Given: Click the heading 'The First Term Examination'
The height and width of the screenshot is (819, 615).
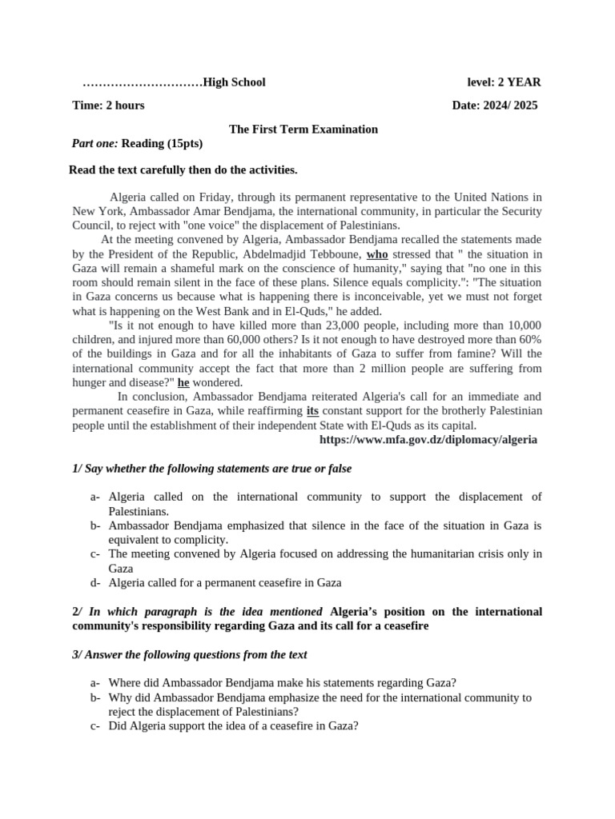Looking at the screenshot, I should click(303, 129).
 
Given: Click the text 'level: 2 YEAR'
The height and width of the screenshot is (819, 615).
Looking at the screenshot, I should click(504, 82).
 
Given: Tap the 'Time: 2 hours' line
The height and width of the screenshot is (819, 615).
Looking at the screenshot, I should click(108, 106).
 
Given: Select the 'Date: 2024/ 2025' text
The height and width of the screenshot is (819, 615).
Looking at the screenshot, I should click(495, 106).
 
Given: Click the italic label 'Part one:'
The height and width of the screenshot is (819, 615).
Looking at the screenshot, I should click(95, 143).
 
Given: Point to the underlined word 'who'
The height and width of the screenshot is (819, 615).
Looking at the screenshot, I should click(377, 254).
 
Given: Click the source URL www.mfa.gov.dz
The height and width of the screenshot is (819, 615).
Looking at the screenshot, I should click(428, 440).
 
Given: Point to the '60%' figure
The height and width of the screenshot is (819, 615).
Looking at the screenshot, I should click(529, 340).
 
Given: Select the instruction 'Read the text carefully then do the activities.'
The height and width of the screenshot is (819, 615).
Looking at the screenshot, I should click(183, 170).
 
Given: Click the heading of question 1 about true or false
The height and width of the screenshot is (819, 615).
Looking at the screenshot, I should click(211, 469).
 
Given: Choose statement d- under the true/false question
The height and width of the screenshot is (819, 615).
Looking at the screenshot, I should click(224, 582).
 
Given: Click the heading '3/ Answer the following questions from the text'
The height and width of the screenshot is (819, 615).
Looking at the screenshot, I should click(190, 654).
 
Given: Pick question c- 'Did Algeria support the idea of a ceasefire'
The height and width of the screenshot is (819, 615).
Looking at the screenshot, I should click(233, 726).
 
